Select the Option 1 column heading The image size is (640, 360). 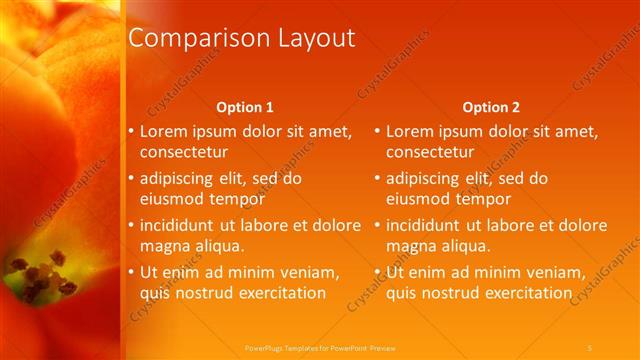(245, 107)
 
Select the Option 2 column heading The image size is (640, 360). (491, 107)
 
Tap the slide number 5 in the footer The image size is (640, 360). (590, 347)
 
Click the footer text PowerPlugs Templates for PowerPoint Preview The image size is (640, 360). (320, 347)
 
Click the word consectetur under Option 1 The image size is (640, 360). (183, 153)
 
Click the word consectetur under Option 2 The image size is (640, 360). (429, 153)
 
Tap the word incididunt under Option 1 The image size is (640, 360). (181, 225)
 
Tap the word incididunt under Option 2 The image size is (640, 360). (427, 225)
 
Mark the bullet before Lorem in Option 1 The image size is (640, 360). (130, 131)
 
